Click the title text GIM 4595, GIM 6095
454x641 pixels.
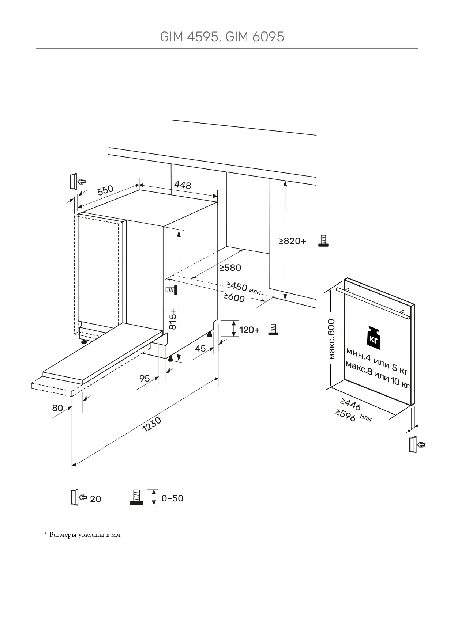[x=222, y=37]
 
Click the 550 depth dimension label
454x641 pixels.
[x=105, y=190]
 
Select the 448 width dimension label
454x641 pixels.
[x=182, y=185]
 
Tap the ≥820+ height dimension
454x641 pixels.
[x=293, y=241]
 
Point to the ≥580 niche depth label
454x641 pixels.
[x=230, y=268]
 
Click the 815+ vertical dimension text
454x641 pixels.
[x=173, y=319]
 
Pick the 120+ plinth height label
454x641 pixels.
[x=249, y=330]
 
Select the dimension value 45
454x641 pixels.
[x=200, y=348]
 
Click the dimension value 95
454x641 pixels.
[x=145, y=378]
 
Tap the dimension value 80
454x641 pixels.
[x=57, y=408]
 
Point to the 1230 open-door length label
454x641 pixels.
[x=151, y=425]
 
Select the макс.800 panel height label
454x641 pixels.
[x=331, y=339]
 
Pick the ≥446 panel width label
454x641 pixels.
[x=350, y=404]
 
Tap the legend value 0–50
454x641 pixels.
[x=172, y=498]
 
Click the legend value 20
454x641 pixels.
[x=95, y=499]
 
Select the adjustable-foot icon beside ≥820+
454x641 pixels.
[x=323, y=241]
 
